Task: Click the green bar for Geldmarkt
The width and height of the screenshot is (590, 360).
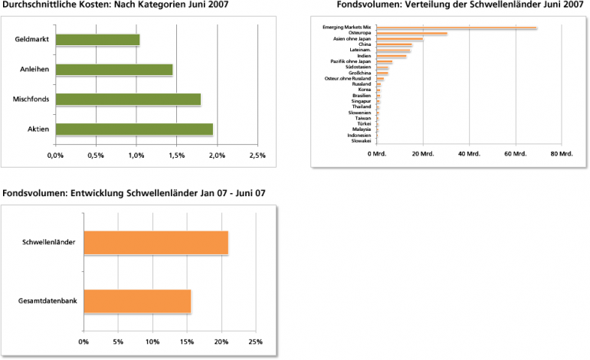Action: pyautogui.click(x=97, y=40)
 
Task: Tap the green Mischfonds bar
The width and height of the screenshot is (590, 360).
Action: pyautogui.click(x=127, y=100)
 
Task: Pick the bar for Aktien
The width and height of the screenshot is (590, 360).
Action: pyautogui.click(x=133, y=129)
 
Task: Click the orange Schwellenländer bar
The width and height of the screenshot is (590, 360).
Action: pyautogui.click(x=156, y=243)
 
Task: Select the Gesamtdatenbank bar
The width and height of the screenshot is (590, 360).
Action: pyautogui.click(x=137, y=302)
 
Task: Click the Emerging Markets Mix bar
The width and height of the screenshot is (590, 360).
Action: pyautogui.click(x=456, y=28)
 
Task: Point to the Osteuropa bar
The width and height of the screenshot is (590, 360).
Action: pyautogui.click(x=411, y=34)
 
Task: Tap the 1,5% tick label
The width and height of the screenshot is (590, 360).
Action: pyautogui.click(x=176, y=155)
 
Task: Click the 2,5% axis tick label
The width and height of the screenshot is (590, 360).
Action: pyautogui.click(x=257, y=155)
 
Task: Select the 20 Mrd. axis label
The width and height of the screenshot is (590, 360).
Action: pyautogui.click(x=423, y=154)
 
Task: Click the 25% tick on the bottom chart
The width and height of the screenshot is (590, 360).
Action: pyautogui.click(x=256, y=342)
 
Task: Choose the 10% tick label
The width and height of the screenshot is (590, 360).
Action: pyautogui.click(x=152, y=342)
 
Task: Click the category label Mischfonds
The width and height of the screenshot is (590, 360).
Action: pyautogui.click(x=31, y=100)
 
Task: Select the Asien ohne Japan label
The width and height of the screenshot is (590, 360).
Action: pyautogui.click(x=353, y=39)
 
